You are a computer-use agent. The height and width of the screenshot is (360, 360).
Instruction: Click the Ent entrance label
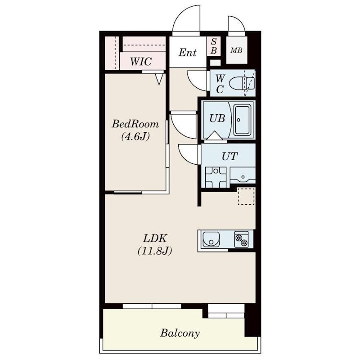point(188,53)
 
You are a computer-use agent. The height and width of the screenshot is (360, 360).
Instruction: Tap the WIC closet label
point(141,62)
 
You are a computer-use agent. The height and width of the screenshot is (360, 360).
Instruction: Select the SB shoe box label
point(213,46)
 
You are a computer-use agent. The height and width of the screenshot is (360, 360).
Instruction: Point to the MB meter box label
point(236,50)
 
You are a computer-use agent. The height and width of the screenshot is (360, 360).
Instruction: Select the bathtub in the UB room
point(242,120)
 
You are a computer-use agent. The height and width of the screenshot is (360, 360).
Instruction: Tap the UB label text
point(217,118)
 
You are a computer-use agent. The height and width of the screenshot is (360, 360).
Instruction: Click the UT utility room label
point(229,156)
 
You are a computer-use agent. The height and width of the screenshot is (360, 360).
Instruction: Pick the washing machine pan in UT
point(216,177)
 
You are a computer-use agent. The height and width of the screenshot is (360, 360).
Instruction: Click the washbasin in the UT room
point(243,175)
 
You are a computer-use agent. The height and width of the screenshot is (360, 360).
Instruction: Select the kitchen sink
point(211,239)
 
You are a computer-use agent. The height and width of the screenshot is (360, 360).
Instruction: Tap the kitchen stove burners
point(241,239)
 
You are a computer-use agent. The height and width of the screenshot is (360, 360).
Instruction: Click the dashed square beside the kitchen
point(246,196)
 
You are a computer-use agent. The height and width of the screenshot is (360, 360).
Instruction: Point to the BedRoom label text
point(135,124)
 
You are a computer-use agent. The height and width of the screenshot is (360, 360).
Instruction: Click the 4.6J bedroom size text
point(135,137)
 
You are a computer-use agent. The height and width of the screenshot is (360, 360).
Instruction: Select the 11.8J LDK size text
point(155,251)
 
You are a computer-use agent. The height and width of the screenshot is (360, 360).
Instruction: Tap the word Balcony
point(180,333)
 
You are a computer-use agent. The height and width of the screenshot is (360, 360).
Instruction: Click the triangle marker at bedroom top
point(159,79)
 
